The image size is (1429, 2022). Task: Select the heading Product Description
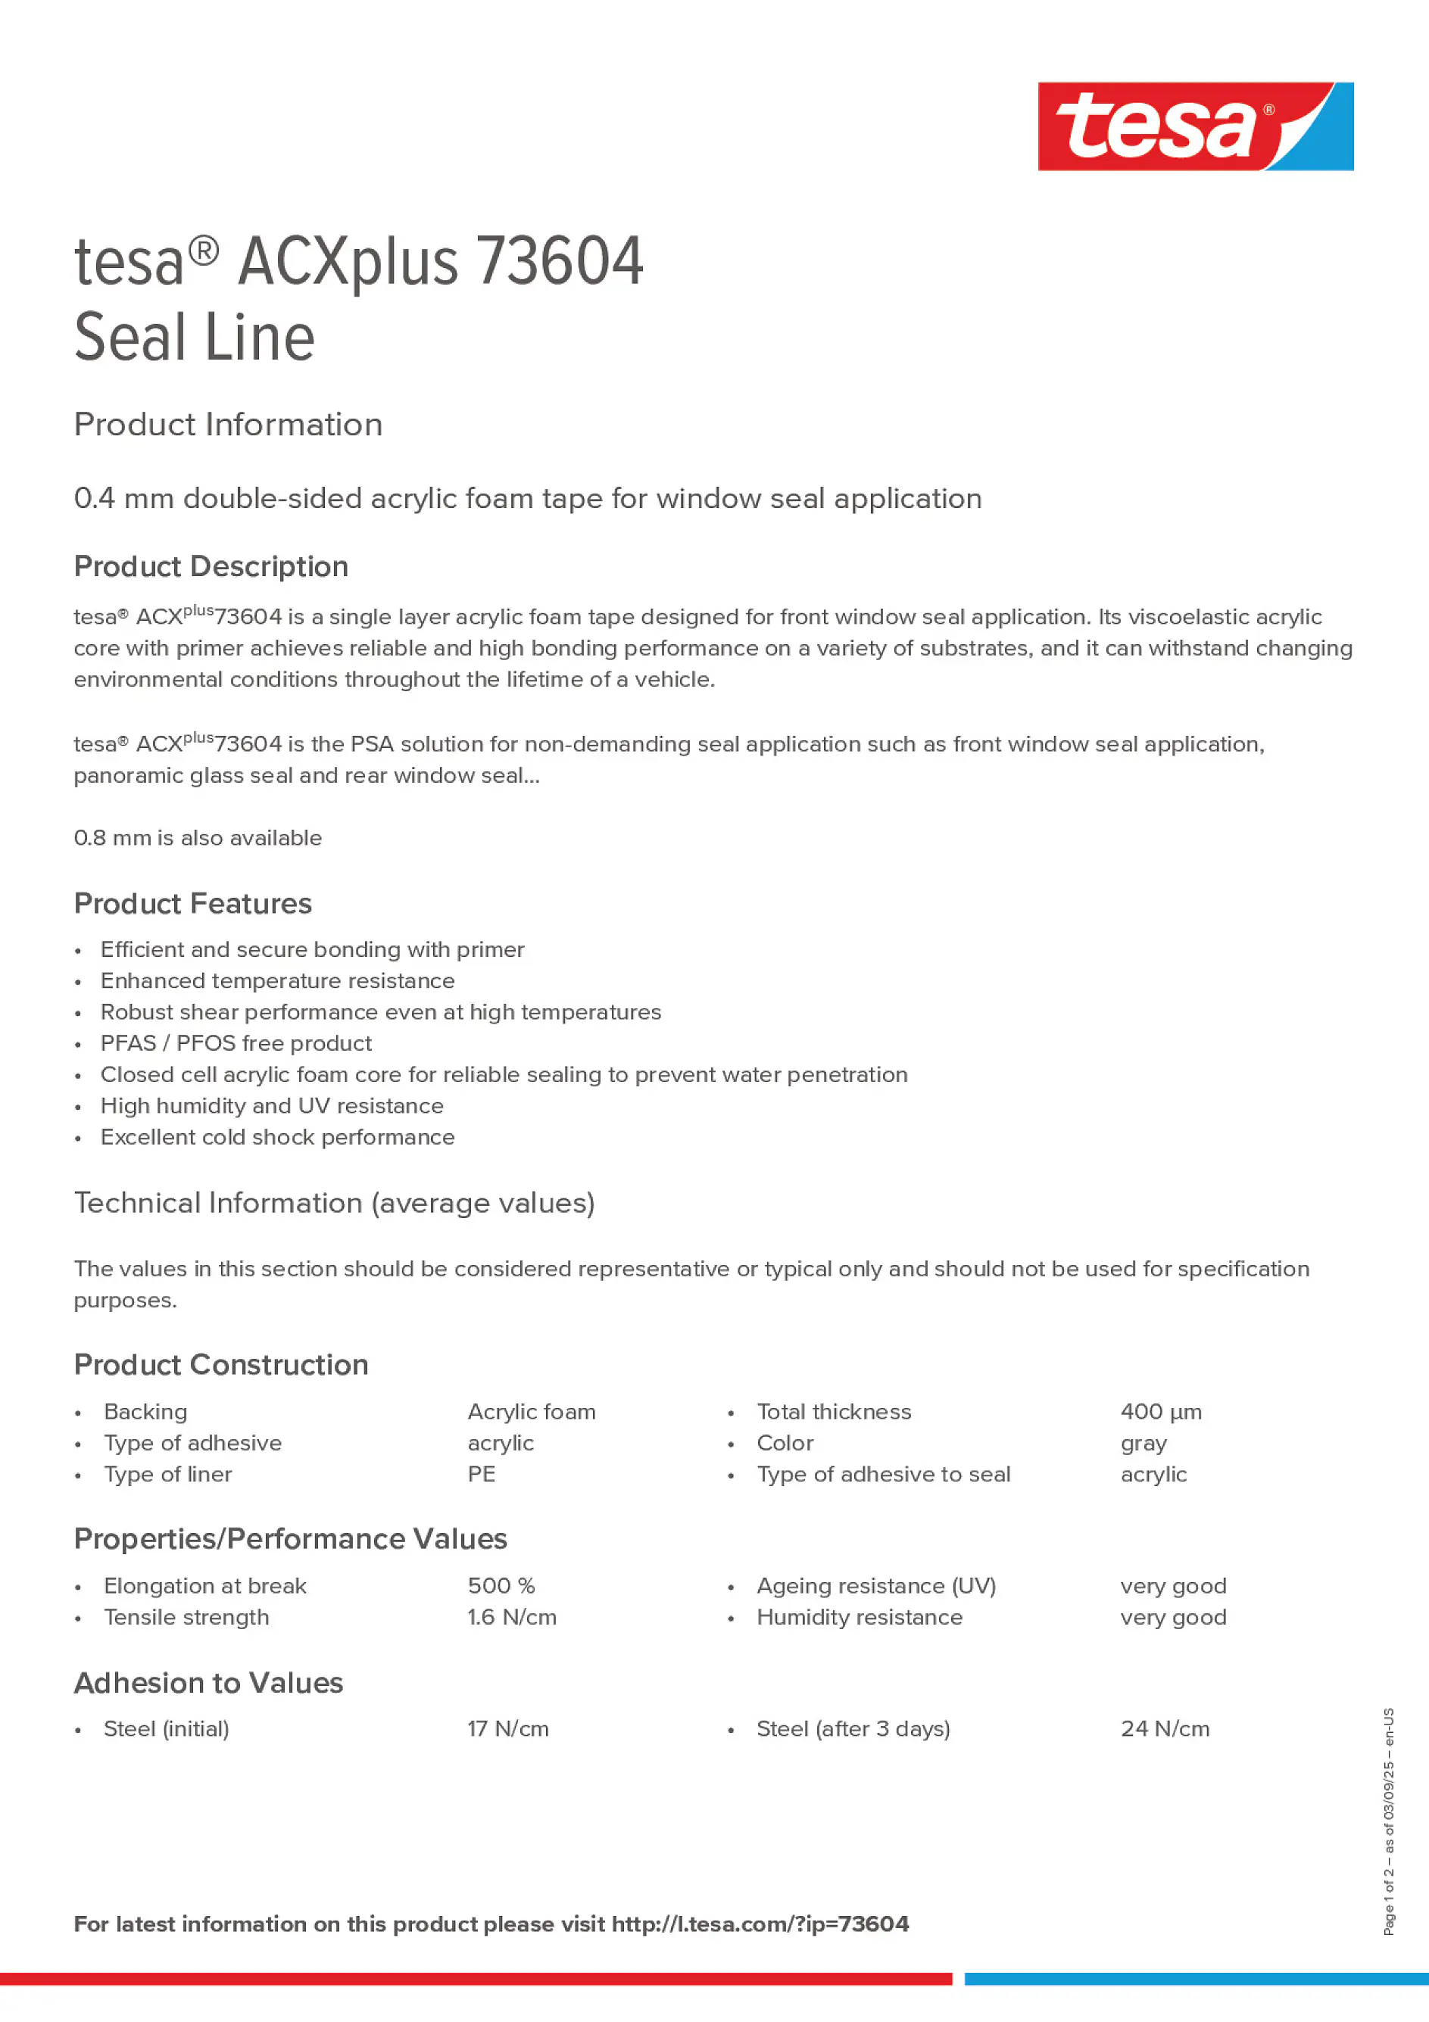(211, 566)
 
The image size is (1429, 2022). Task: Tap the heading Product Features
(192, 904)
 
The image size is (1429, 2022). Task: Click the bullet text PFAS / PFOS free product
(236, 1044)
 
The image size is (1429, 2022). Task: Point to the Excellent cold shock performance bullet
(276, 1137)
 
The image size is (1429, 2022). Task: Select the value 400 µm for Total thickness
(1160, 1412)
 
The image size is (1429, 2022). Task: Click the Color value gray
(1143, 1444)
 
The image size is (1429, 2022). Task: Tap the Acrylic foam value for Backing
(532, 1412)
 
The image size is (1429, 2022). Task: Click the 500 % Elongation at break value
(501, 1586)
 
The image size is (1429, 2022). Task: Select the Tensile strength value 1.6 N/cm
(511, 1617)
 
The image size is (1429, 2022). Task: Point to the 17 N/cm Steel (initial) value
(507, 1729)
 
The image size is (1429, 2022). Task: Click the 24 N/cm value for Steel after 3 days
(1164, 1729)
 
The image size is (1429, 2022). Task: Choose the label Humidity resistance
(859, 1617)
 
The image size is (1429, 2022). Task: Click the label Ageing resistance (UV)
(875, 1586)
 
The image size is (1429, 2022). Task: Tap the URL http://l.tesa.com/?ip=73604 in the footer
(760, 1924)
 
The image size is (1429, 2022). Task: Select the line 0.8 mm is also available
(198, 837)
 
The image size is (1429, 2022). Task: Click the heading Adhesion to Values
(208, 1683)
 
